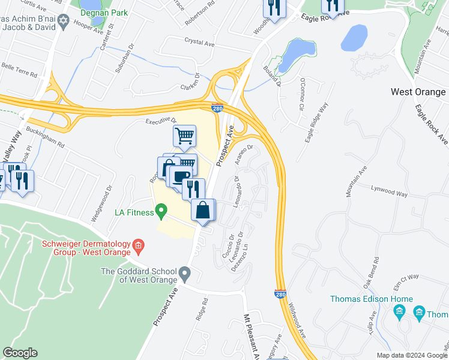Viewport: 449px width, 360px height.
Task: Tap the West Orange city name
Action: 418,92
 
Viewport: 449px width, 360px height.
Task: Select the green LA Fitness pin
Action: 161,211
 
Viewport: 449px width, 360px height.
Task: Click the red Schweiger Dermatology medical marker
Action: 138,244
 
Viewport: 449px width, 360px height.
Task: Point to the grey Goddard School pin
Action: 185,275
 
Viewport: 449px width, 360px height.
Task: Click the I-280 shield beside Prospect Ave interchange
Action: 218,108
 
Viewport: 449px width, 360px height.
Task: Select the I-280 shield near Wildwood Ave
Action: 280,295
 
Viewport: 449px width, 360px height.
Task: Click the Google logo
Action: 20,353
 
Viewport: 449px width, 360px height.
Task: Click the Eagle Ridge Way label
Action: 316,124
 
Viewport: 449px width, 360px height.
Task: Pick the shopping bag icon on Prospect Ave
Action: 203,211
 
